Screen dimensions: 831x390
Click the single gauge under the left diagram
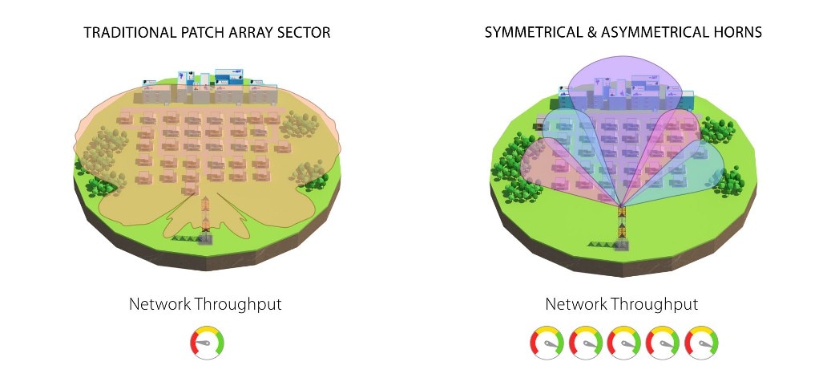click(x=208, y=343)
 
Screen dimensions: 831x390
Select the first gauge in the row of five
click(x=547, y=343)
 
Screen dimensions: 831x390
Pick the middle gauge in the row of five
click(x=624, y=343)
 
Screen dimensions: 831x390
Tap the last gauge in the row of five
click(x=702, y=343)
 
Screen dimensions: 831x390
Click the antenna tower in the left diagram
click(x=206, y=221)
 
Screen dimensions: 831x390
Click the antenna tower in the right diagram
click(x=622, y=228)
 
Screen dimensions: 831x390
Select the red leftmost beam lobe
click(x=551, y=167)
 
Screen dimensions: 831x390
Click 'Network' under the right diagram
click(x=576, y=304)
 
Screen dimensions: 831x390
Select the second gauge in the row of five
click(x=586, y=343)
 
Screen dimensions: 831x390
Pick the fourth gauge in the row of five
click(x=663, y=343)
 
